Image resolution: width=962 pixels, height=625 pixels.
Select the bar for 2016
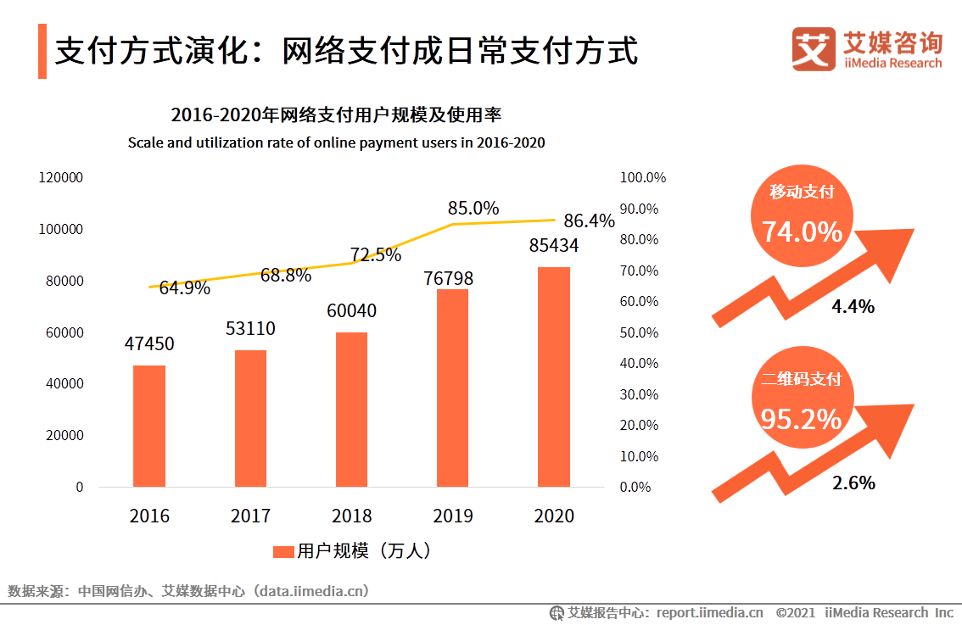click(x=149, y=426)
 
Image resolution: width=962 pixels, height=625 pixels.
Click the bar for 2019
click(x=452, y=388)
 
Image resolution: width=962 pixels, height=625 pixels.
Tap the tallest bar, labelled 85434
click(x=554, y=377)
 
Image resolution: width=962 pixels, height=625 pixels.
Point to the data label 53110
click(x=250, y=328)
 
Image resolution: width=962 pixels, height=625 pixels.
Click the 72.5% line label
click(x=376, y=254)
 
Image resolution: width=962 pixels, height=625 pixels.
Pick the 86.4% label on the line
click(x=589, y=221)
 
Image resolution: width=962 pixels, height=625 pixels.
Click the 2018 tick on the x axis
click(x=351, y=516)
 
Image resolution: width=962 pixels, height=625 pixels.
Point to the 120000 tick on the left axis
click(x=60, y=178)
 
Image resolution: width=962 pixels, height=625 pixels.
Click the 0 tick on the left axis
click(x=80, y=487)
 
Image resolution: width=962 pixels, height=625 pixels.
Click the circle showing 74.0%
click(x=802, y=221)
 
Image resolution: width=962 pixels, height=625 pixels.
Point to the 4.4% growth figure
click(x=853, y=306)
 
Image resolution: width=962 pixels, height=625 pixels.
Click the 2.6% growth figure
click(x=853, y=483)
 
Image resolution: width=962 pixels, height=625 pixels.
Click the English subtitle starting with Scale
click(x=336, y=142)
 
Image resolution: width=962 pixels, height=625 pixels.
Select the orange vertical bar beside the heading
click(x=42, y=52)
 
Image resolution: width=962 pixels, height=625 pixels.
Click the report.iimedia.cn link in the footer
click(x=709, y=612)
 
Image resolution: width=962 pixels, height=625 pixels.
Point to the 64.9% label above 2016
click(x=184, y=288)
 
